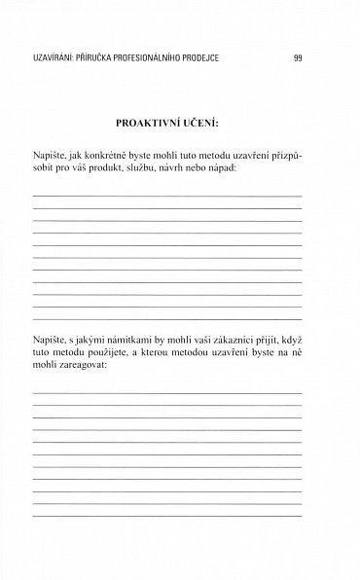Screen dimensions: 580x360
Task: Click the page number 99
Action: tap(298, 57)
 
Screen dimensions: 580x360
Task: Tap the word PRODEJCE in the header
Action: tap(198, 57)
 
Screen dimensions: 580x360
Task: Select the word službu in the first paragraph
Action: tap(162, 168)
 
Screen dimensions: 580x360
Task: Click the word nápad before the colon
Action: tap(245, 168)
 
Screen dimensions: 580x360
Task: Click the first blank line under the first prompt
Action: tap(167, 196)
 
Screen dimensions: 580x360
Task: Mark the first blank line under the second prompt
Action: tap(167, 391)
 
